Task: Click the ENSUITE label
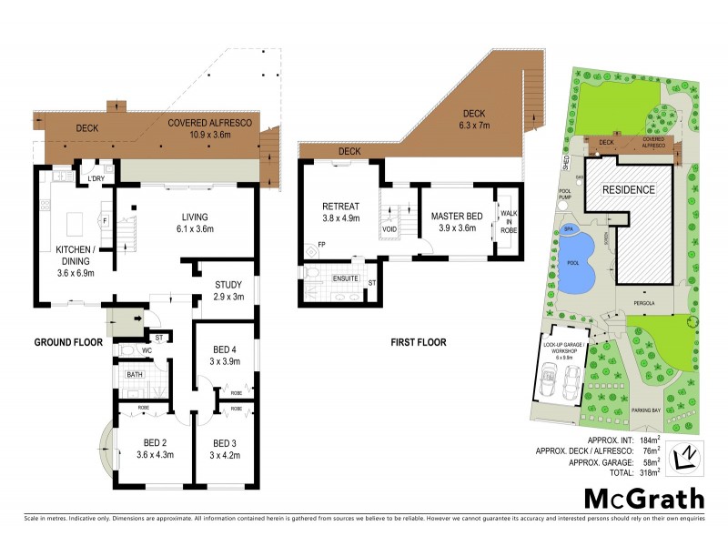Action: pos(345,278)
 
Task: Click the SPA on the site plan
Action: pos(569,229)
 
